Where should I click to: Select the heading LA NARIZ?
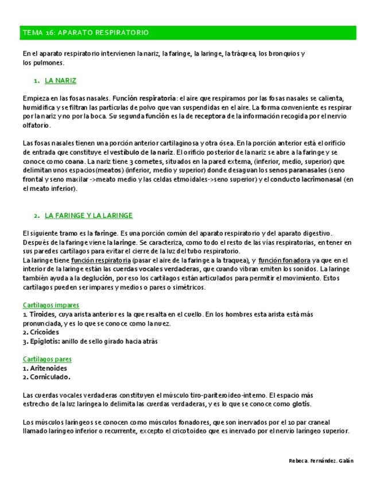(x=60, y=81)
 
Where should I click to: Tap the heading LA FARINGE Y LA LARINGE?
(x=88, y=215)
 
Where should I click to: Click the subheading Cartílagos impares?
(x=51, y=305)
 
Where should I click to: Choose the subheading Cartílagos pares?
(x=47, y=359)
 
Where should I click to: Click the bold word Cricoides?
(x=44, y=332)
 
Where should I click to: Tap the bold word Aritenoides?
(x=48, y=369)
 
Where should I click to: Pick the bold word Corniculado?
(x=50, y=377)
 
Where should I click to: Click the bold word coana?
(x=76, y=162)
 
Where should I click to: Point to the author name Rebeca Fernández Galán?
(x=321, y=461)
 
